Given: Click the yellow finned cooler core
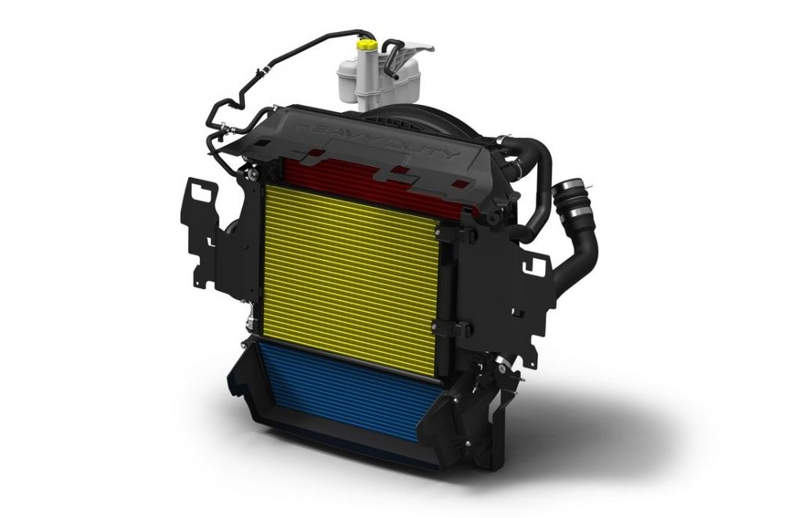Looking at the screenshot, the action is click(x=350, y=279).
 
